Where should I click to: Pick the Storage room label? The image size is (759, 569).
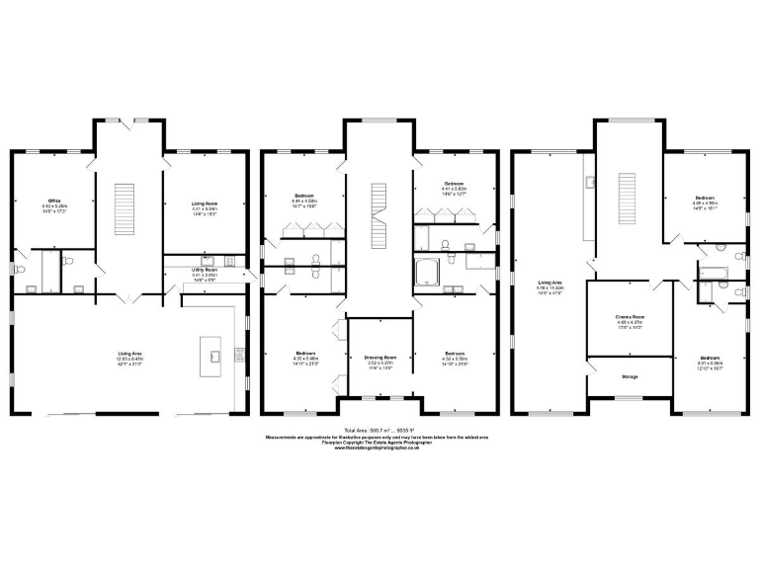(630, 376)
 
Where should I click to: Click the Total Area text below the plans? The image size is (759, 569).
(379, 430)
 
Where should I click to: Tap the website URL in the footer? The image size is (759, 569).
(379, 449)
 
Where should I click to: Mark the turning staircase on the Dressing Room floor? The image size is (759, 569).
(379, 215)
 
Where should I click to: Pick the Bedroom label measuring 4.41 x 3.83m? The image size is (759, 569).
(454, 185)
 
